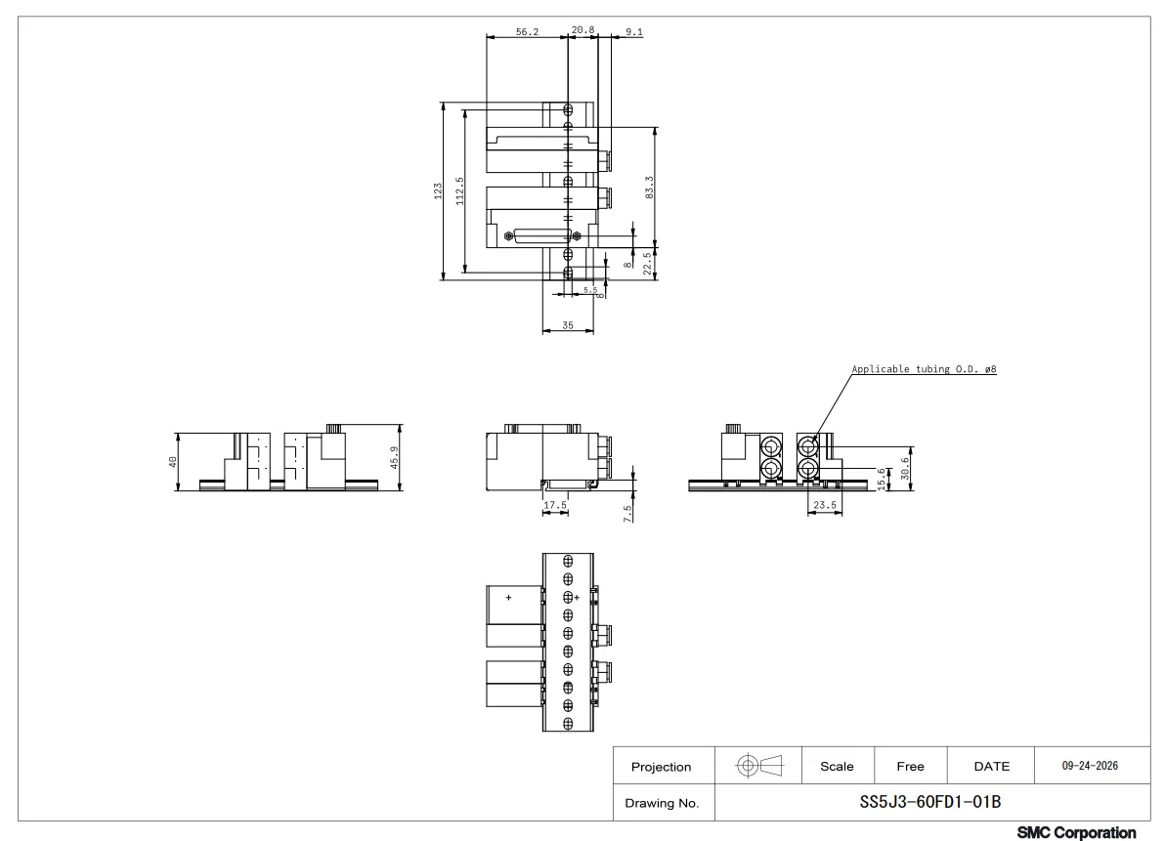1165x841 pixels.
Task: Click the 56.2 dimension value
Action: click(527, 32)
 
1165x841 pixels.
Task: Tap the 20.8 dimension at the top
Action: click(582, 30)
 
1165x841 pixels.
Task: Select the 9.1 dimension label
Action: click(633, 32)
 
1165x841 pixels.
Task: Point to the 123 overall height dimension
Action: click(438, 190)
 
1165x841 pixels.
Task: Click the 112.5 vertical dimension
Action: click(460, 190)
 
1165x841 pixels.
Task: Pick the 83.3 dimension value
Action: click(649, 188)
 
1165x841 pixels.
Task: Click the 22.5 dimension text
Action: click(647, 264)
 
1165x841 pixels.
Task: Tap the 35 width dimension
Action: click(568, 325)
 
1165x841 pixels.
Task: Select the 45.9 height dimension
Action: click(395, 457)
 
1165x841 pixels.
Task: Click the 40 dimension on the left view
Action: click(173, 462)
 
